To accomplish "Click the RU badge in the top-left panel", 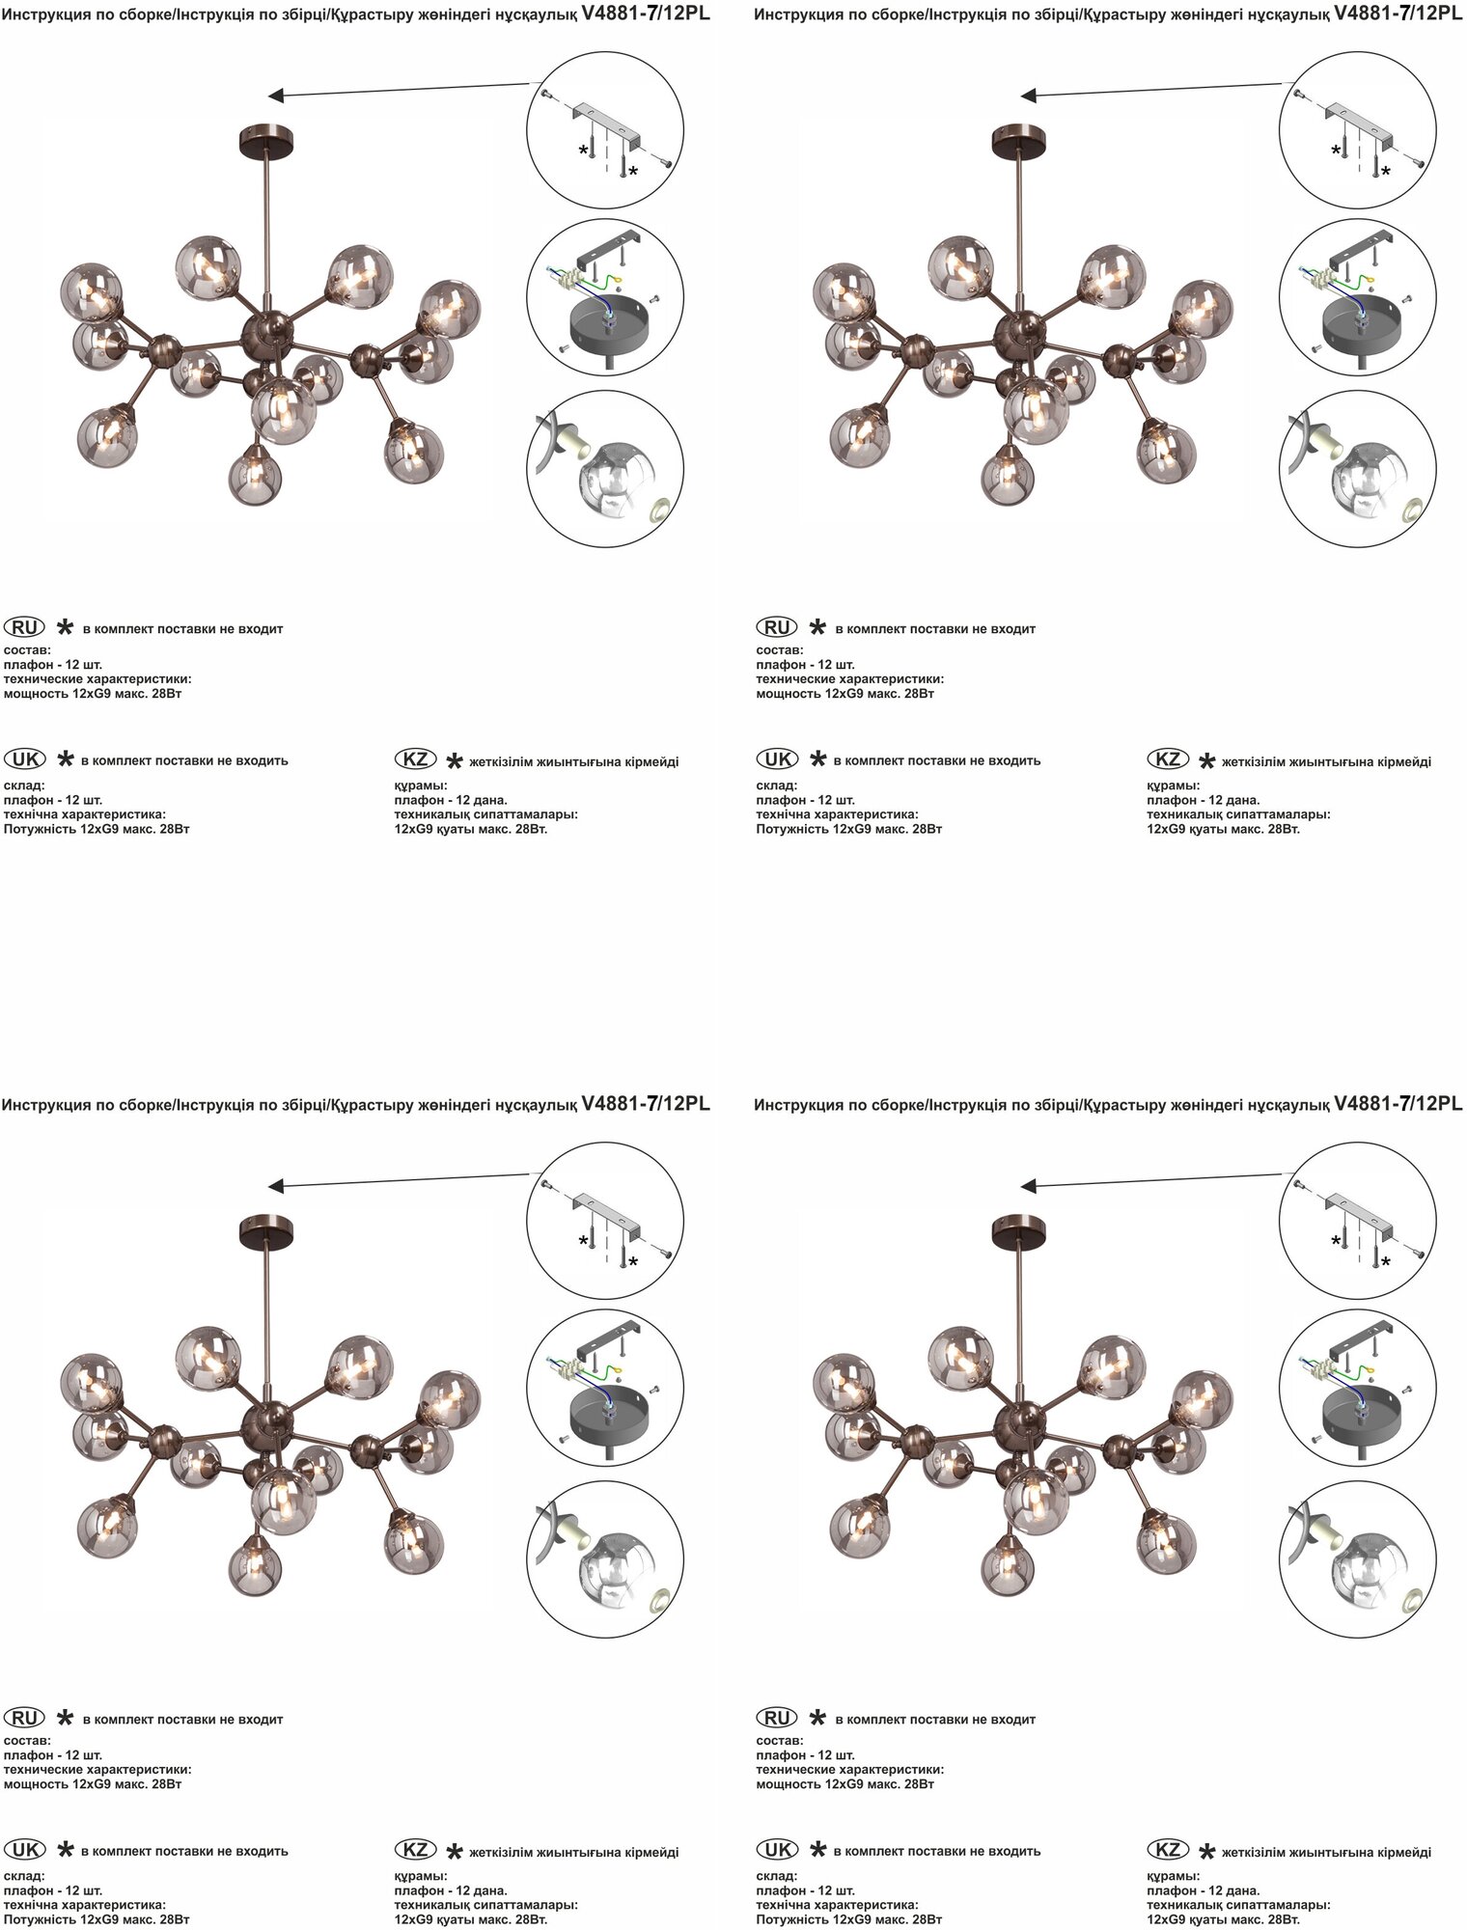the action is pos(24,627).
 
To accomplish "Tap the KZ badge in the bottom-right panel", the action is pos(1168,1849).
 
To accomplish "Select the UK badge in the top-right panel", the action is pos(777,758).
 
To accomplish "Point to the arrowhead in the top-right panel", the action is pos(1029,96).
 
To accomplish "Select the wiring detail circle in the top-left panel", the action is pos(605,298).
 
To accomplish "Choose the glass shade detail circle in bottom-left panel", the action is pos(605,1559).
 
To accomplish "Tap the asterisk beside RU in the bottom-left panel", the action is pos(65,1719).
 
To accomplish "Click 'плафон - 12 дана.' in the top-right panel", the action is pos(1204,800).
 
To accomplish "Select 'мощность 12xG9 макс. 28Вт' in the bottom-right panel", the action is pos(845,1784).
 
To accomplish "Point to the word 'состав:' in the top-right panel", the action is pos(780,650).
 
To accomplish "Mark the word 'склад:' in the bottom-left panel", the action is pos(24,1876).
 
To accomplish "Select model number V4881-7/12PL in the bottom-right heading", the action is pos(1398,1103).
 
